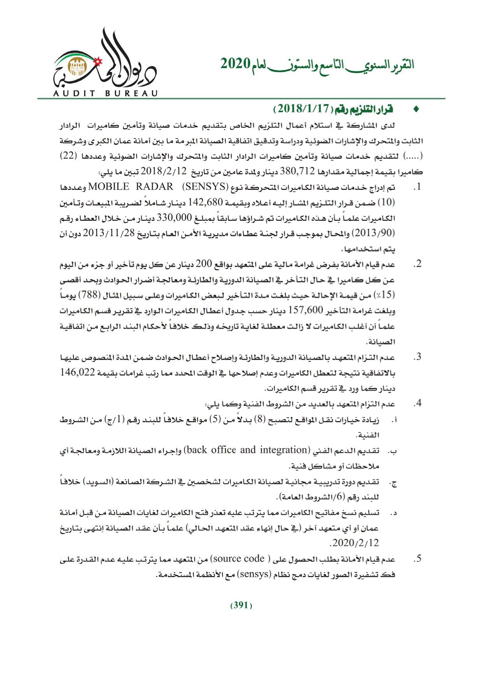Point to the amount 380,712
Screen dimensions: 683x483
pos(294,172)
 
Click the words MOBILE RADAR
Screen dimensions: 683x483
pos(131,187)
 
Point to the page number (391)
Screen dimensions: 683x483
pos(241,605)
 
